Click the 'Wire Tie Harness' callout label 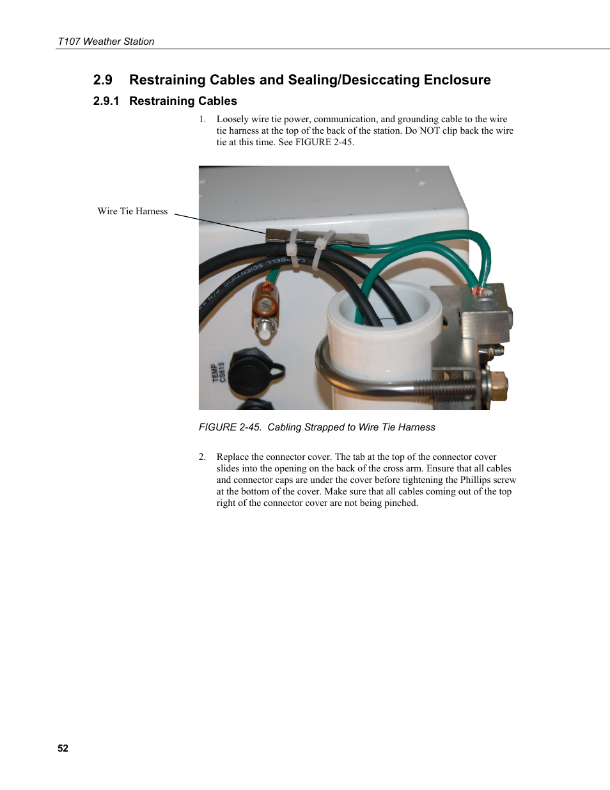tap(132, 211)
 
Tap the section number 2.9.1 tap(106, 101)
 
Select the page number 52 tap(63, 748)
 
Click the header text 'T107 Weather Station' tap(106, 42)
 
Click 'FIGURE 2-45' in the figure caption tap(230, 427)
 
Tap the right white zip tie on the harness tap(323, 245)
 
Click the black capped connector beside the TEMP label tap(251, 374)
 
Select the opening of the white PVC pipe tap(384, 306)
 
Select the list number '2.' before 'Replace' tap(202, 457)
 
